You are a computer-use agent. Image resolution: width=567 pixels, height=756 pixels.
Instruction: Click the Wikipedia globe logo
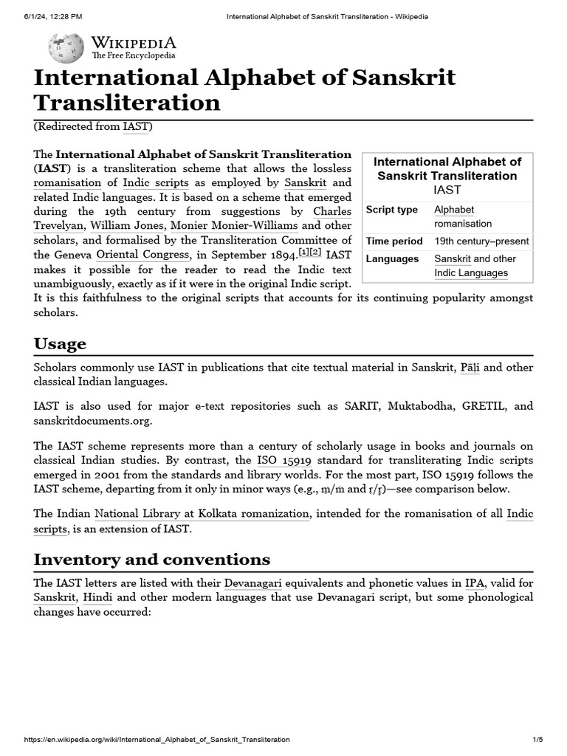(66, 49)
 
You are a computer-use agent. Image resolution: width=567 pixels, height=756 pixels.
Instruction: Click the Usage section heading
(60, 344)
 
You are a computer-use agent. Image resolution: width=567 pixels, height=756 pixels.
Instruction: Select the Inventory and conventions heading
(151, 559)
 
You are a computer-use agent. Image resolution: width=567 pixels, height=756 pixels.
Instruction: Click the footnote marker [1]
(303, 252)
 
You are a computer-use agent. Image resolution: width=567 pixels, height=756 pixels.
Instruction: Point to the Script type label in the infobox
(392, 210)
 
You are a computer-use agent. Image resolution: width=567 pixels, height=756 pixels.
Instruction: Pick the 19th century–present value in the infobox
(481, 241)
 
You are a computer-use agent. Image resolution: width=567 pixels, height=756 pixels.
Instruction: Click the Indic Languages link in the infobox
(471, 273)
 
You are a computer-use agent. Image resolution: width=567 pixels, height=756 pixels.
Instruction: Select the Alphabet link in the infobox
(454, 210)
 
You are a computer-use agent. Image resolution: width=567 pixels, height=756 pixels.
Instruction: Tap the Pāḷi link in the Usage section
(470, 367)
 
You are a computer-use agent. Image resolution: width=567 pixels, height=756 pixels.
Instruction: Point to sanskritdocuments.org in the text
(92, 421)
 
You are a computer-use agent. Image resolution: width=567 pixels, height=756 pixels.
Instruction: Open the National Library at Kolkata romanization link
(202, 513)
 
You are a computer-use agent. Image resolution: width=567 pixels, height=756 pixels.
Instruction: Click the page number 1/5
(537, 740)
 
